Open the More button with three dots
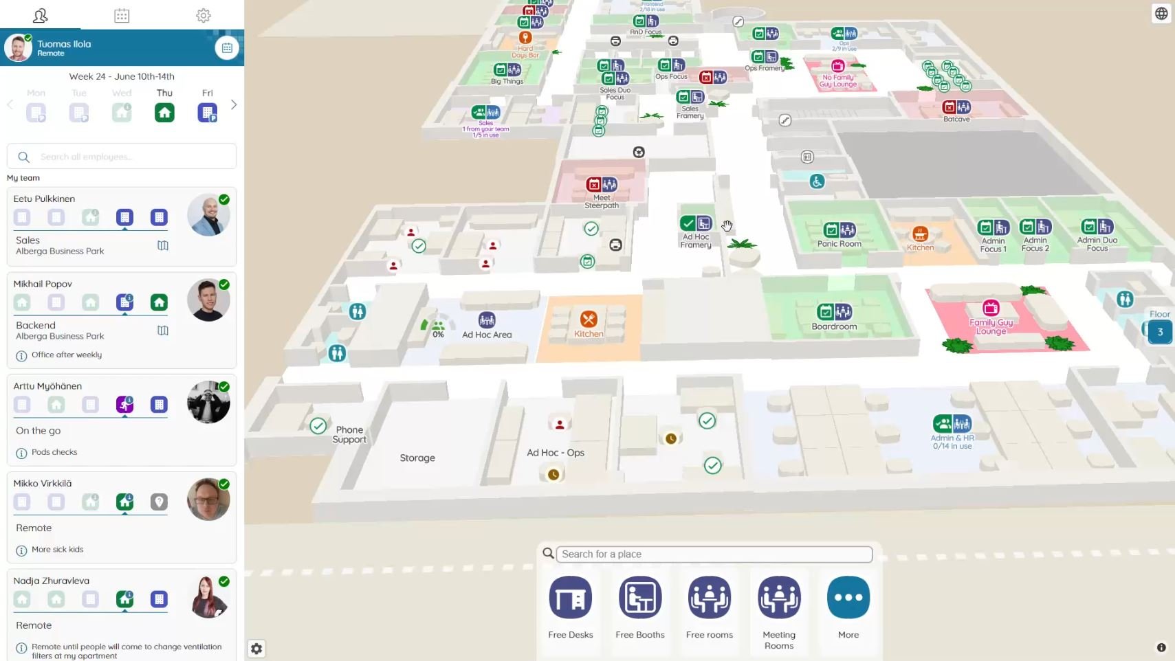point(848,598)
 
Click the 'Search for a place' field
point(714,554)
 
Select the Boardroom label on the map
point(834,326)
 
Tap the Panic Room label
point(839,244)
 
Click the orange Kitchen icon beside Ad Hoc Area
point(589,320)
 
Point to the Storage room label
point(417,458)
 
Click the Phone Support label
point(349,435)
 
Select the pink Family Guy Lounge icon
point(991,308)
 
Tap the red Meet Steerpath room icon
point(594,185)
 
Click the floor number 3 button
point(1160,332)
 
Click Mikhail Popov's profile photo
point(208,300)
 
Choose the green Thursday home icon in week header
point(164,112)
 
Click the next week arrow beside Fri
point(234,105)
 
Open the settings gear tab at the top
point(203,15)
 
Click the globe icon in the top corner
point(1161,14)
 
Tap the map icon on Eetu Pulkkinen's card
point(163,245)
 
